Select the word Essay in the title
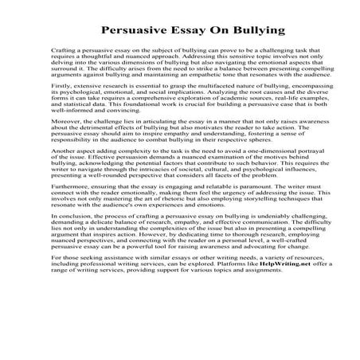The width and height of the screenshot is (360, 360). (x=186, y=31)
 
